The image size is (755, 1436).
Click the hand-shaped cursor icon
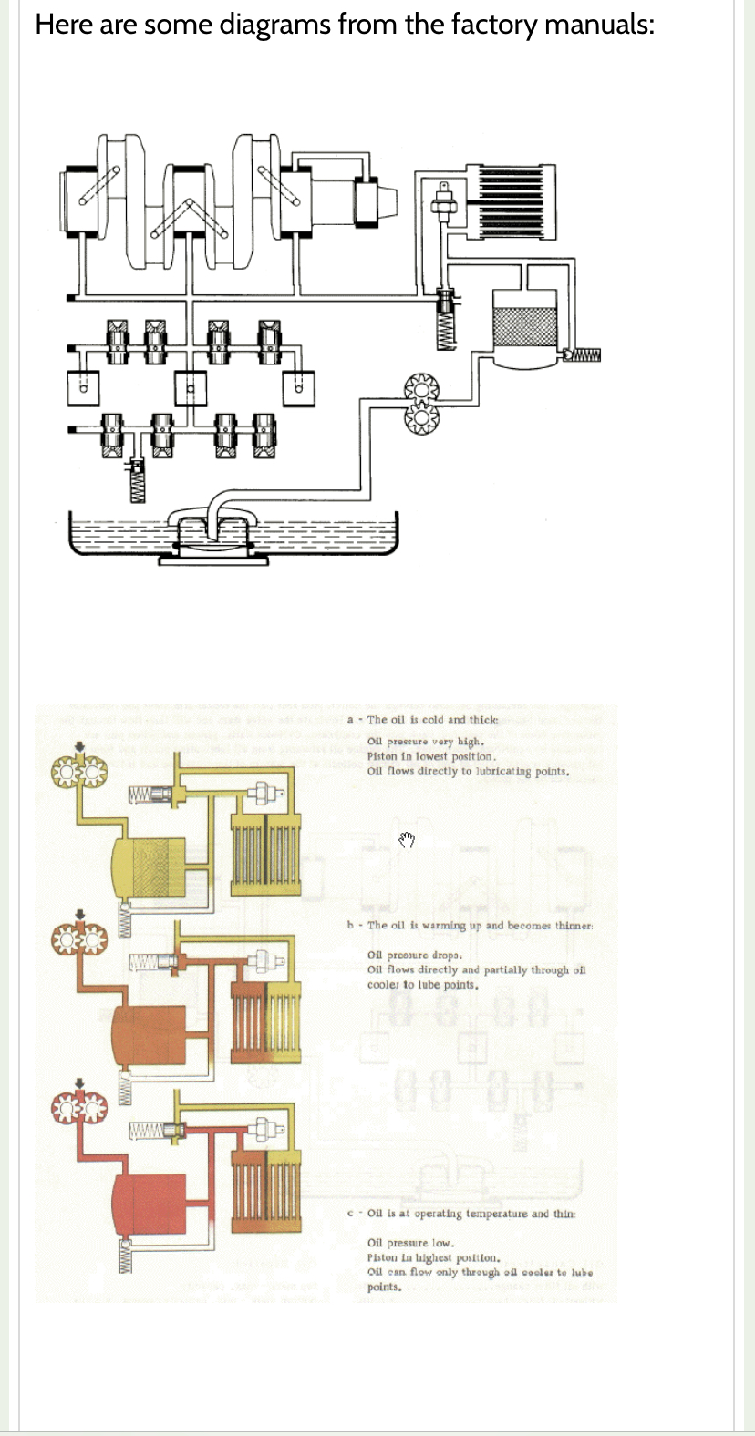[407, 839]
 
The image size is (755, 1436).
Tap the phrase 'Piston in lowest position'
[430, 757]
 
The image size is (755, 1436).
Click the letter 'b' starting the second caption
[351, 925]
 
